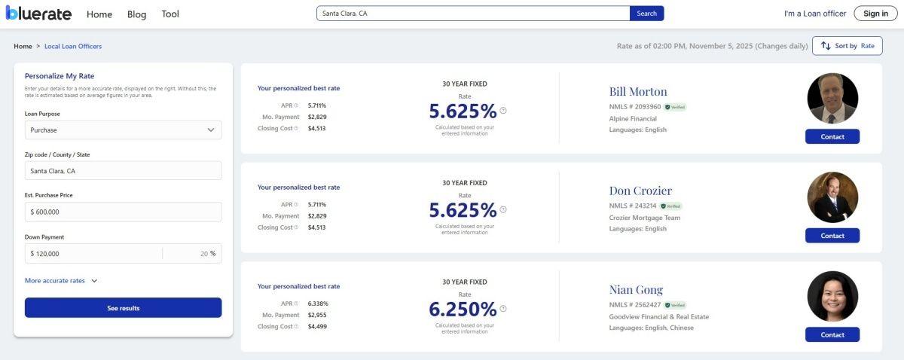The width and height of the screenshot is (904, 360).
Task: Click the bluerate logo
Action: pos(38,14)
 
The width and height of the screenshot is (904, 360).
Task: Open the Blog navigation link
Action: pos(136,14)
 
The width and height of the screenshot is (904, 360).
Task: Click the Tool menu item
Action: pos(170,14)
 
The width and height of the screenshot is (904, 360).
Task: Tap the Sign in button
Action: pos(875,14)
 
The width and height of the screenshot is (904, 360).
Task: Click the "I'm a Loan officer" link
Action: pos(815,14)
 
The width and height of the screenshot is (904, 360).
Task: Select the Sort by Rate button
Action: pos(847,46)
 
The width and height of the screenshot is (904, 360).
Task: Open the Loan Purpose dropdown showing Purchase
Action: pos(123,130)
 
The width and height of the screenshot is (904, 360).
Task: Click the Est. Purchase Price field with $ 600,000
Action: pos(123,212)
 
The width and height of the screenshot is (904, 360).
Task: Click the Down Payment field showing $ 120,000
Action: pos(94,254)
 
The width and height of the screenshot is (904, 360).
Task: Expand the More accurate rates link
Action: pos(61,281)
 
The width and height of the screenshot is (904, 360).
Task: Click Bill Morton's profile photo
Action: pos(832,99)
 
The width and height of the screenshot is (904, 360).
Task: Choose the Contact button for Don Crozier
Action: pos(832,236)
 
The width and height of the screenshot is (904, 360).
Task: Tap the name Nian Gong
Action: pos(636,290)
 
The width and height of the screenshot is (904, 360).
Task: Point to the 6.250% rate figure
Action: pos(463,309)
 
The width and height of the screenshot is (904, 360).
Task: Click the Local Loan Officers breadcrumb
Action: pos(73,47)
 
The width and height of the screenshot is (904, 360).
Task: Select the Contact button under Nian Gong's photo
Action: pos(832,334)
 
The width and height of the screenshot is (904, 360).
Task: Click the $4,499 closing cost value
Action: pos(317,327)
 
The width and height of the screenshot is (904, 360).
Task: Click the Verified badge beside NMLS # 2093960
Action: pos(675,107)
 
